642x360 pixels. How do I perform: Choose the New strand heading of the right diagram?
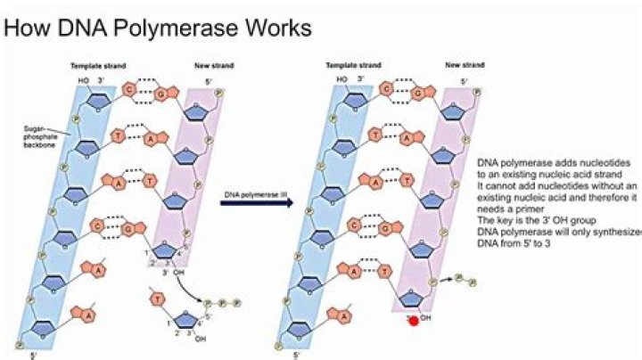click(x=465, y=66)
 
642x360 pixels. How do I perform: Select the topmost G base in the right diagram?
click(x=411, y=92)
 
